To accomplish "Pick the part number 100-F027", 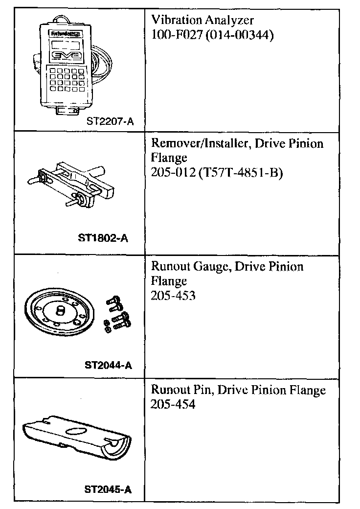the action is [x=176, y=35].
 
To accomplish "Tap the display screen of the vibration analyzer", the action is [x=66, y=45].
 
